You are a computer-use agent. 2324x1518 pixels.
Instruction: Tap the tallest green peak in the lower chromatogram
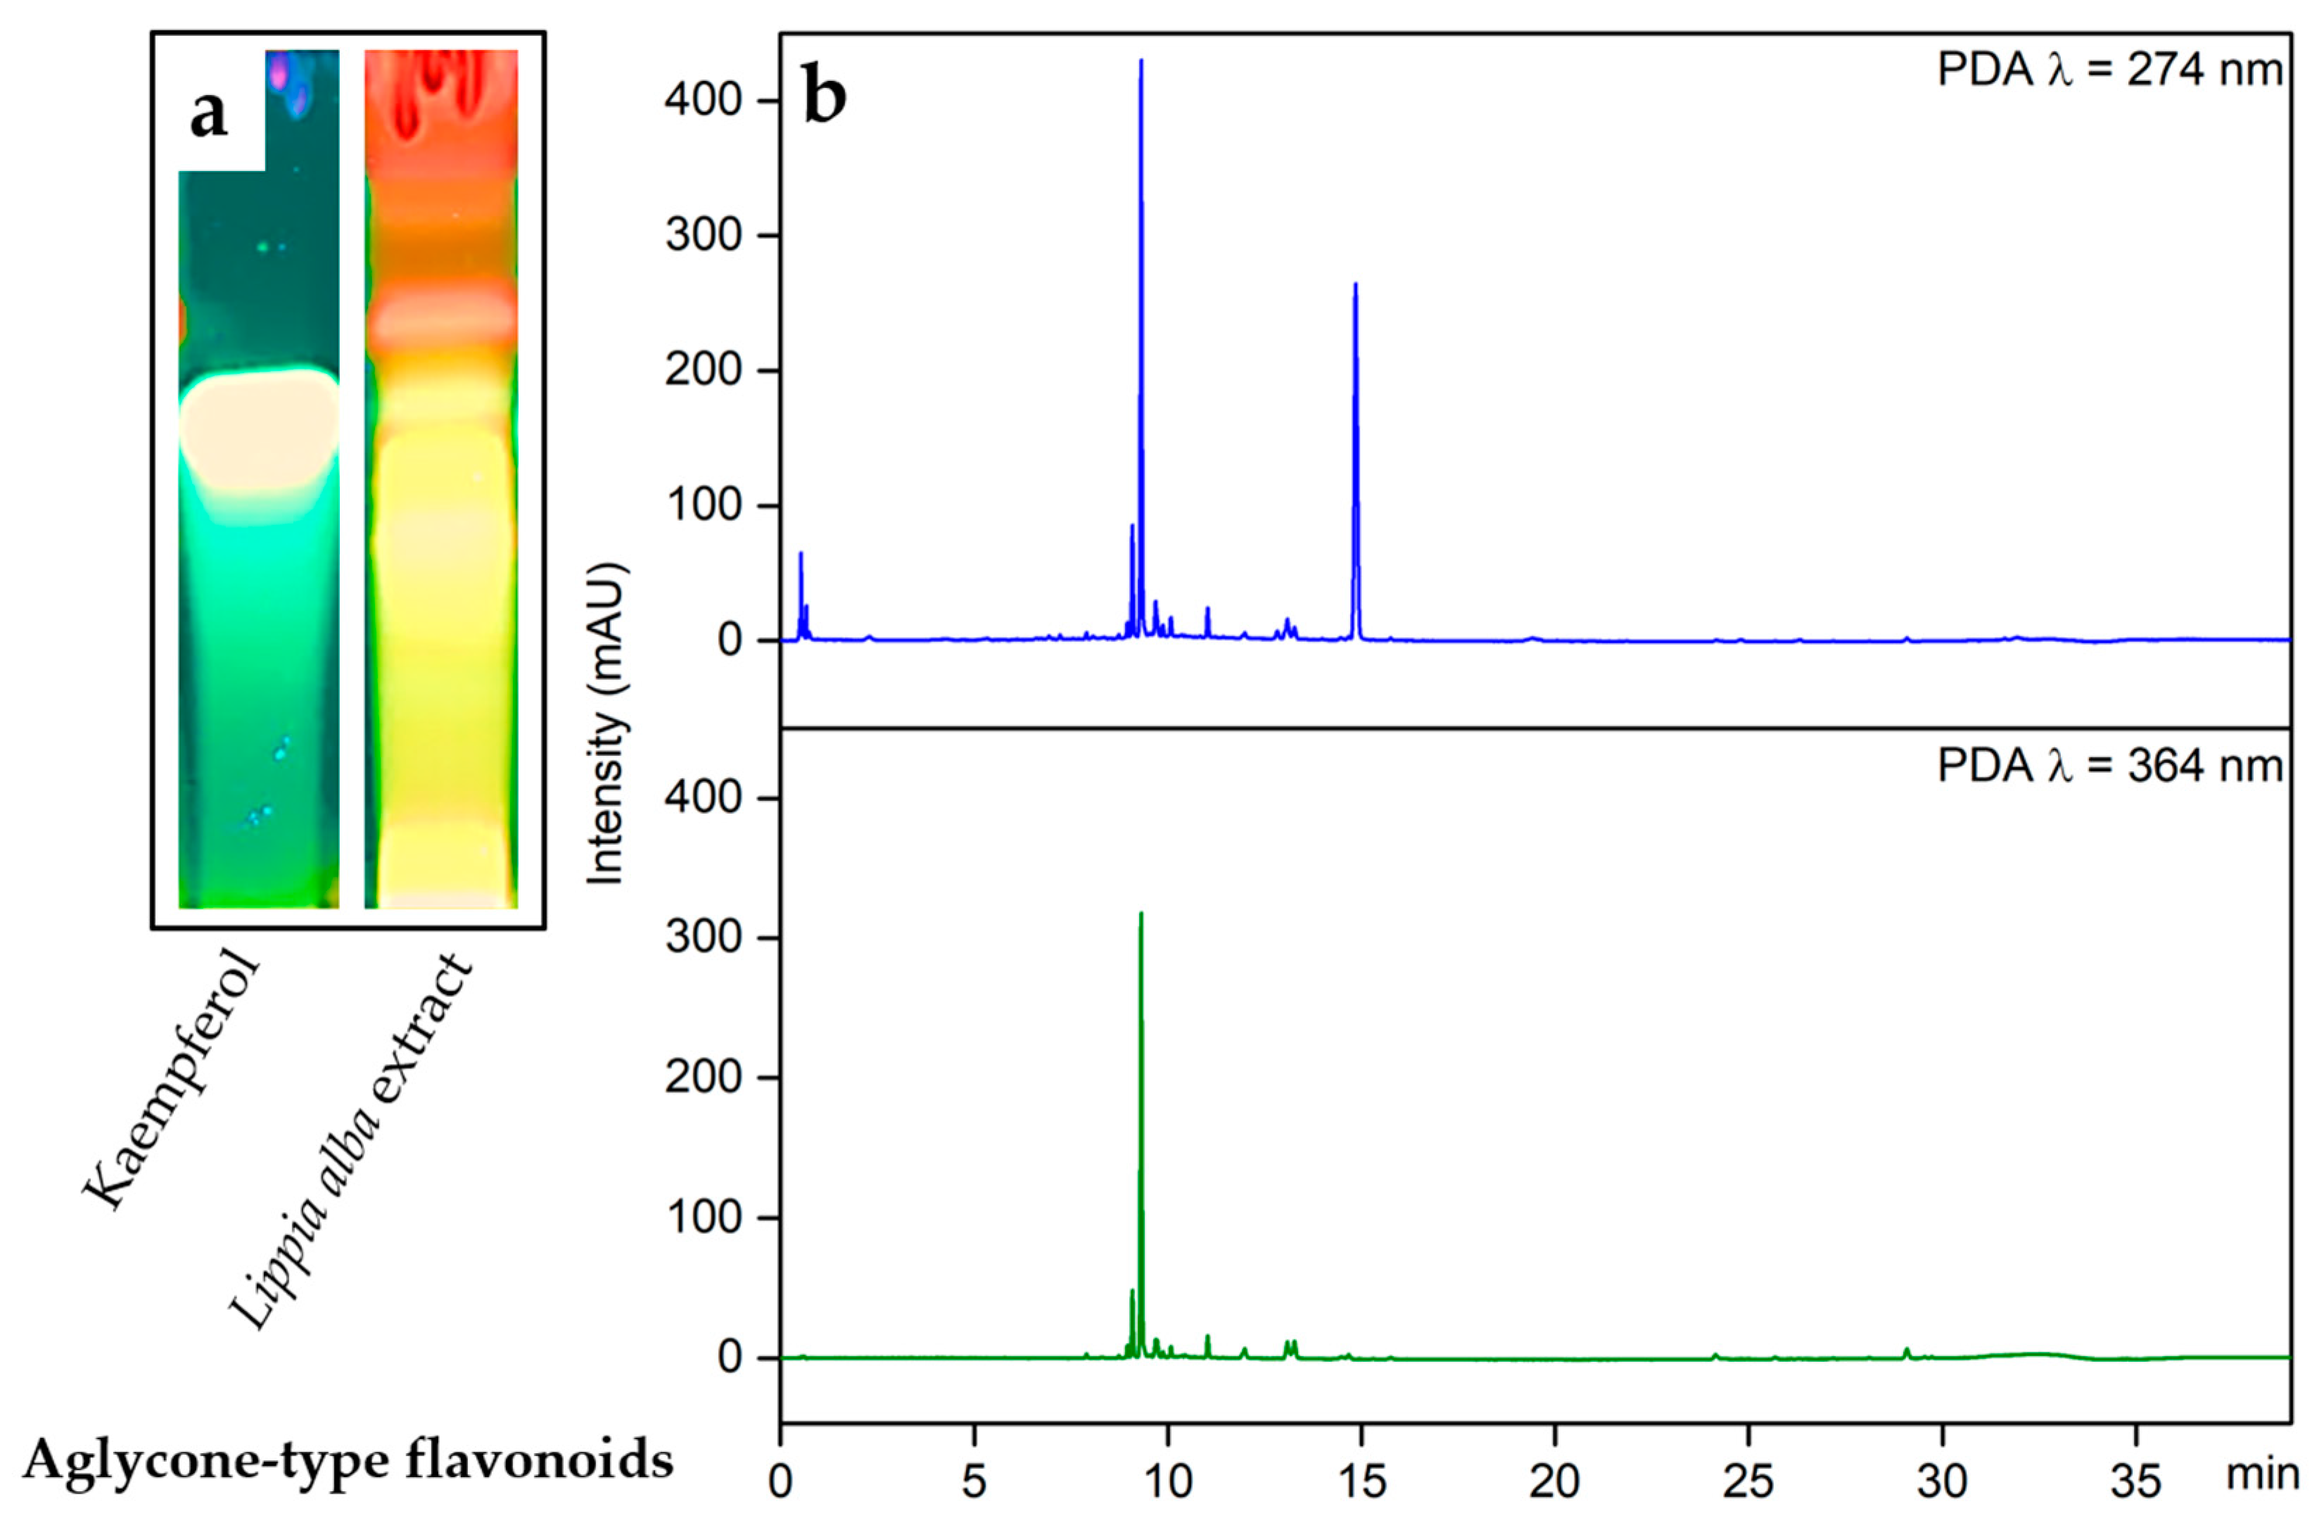coord(1141,918)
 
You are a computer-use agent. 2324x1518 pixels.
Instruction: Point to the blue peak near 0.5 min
coord(801,557)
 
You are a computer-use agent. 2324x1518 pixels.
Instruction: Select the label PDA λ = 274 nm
coord(2110,71)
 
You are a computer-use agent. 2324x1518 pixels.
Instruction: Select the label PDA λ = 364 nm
coord(2110,765)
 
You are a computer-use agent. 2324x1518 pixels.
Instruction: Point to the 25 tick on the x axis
coord(1748,1482)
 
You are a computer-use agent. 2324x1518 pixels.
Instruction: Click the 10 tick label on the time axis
coord(1168,1482)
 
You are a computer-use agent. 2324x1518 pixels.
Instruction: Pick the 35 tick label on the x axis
coord(2135,1482)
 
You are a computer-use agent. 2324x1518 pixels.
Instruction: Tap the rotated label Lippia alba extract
coord(352,1143)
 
